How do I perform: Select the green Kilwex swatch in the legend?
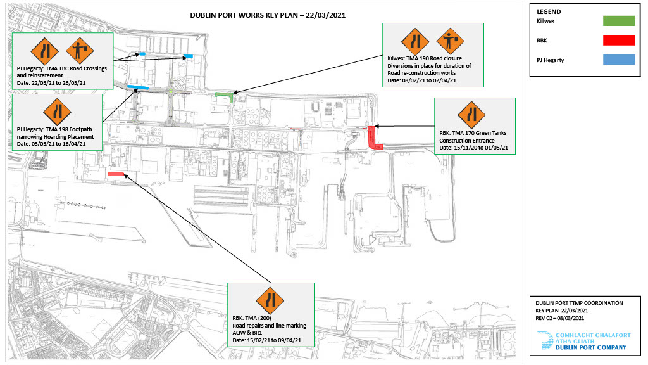tap(619, 21)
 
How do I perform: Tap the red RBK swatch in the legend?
tap(619, 40)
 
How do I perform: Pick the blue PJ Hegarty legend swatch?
tap(619, 60)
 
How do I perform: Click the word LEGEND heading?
tap(549, 12)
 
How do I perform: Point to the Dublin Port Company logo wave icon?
tap(545, 340)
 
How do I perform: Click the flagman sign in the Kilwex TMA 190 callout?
tap(450, 41)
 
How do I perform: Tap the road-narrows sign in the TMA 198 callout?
tap(57, 112)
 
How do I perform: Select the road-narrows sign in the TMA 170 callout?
tap(471, 115)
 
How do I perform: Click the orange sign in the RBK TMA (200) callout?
tap(270, 301)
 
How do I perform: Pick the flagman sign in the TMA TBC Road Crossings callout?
tap(80, 51)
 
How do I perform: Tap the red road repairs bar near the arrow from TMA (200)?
tap(116, 174)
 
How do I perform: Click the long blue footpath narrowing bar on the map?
tap(137, 87)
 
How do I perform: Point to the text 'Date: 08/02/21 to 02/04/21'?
tap(421, 80)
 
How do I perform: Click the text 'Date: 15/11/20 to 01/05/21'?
tap(473, 148)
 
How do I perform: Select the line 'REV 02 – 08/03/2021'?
tap(560, 318)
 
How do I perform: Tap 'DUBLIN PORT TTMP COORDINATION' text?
tap(579, 303)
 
